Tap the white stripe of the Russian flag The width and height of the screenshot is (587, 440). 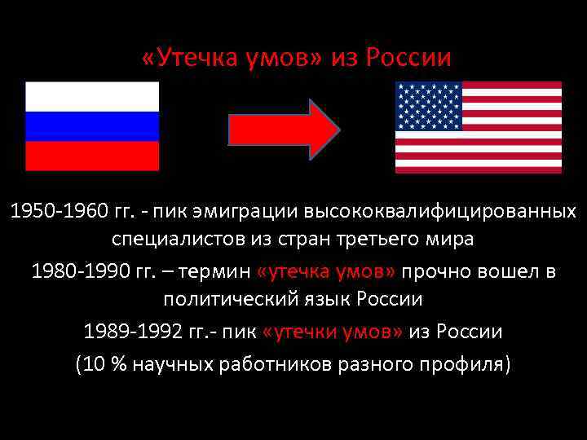[x=92, y=97]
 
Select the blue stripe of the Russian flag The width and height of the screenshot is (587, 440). [x=92, y=126]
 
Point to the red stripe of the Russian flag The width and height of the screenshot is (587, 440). [x=92, y=156]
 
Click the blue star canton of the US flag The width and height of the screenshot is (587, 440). [x=428, y=106]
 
